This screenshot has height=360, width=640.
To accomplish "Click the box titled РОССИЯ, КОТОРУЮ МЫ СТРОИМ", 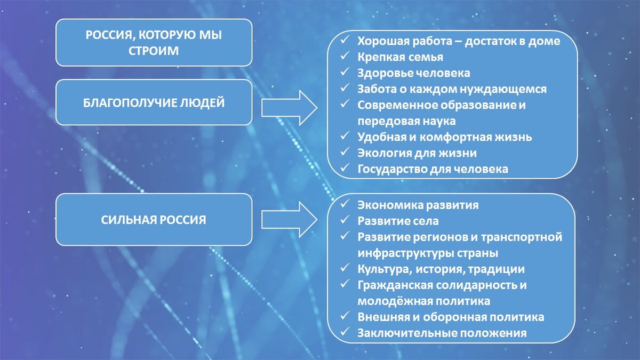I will pos(154,43).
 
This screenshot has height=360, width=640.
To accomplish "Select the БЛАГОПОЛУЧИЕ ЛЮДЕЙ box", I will pos(154,102).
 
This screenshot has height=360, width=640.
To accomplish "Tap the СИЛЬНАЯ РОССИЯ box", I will pos(154,219).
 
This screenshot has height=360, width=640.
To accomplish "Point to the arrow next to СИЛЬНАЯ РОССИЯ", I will pos(289,219).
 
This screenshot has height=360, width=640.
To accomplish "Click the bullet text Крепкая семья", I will pos(400,57).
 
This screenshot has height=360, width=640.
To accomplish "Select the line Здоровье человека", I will pos(413,73).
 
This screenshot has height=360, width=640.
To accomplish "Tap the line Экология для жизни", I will pos(417,153).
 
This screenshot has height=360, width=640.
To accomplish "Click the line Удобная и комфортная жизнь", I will pos(444,137).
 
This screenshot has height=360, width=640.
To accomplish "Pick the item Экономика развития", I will pos(418,205).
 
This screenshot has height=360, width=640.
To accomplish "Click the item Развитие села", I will pos(398,221).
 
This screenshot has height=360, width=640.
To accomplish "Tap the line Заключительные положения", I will pos(442,333).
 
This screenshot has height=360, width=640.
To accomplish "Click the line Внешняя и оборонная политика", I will pos(451,317).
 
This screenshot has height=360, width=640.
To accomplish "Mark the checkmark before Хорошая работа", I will pos(346,40).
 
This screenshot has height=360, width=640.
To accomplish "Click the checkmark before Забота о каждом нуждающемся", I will pos(346,89).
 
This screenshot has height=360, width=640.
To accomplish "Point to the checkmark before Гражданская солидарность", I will pos(346,285).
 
